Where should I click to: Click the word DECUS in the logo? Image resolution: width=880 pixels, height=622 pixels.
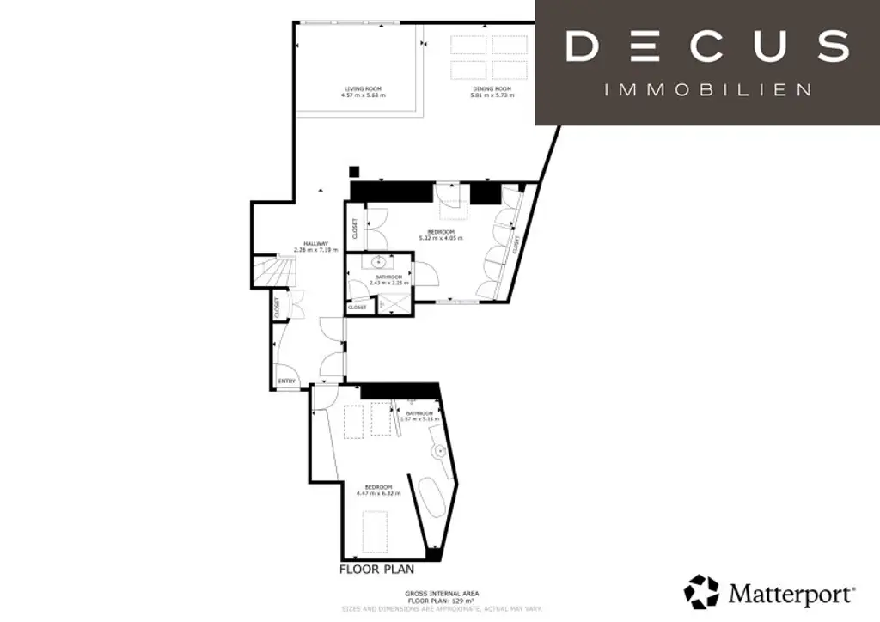707,46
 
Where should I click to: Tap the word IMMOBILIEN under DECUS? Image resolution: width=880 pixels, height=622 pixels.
708,89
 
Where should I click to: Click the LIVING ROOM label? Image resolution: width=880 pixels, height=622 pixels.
362,89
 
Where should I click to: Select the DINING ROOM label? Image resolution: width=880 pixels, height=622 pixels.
492,89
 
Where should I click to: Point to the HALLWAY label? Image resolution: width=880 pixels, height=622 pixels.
305,245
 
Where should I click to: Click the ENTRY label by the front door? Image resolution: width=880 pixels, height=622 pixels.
286,381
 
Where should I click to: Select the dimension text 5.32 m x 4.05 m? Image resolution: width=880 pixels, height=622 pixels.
441,238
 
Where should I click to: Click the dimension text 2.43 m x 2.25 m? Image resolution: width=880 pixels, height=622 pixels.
388,282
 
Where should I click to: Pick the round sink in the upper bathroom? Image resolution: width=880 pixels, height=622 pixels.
379,261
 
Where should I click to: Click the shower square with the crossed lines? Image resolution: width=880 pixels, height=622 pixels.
393,303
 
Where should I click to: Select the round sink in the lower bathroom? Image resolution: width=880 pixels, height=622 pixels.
439,449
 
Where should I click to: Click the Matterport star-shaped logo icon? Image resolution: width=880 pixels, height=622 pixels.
701,592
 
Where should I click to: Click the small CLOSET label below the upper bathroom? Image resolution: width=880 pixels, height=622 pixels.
357,307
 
